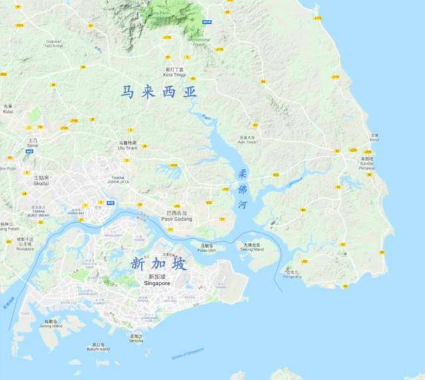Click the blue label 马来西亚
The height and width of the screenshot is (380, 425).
(x=159, y=92)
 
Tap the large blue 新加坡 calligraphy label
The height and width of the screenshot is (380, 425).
(x=159, y=264)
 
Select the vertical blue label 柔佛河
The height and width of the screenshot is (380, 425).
(x=242, y=188)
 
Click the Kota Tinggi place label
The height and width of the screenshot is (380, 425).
(x=175, y=74)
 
